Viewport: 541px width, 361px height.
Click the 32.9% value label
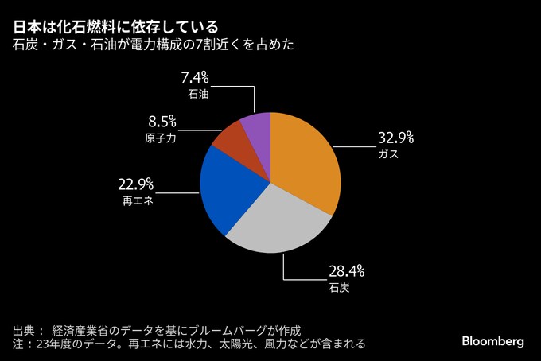point(395,138)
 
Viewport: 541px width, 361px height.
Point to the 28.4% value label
point(347,270)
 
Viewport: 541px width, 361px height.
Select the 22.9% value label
point(135,184)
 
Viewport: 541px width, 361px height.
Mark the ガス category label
point(388,154)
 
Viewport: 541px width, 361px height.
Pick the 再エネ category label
point(137,201)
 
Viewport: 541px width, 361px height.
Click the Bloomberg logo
point(493,341)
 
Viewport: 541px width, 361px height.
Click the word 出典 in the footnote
point(24,329)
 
